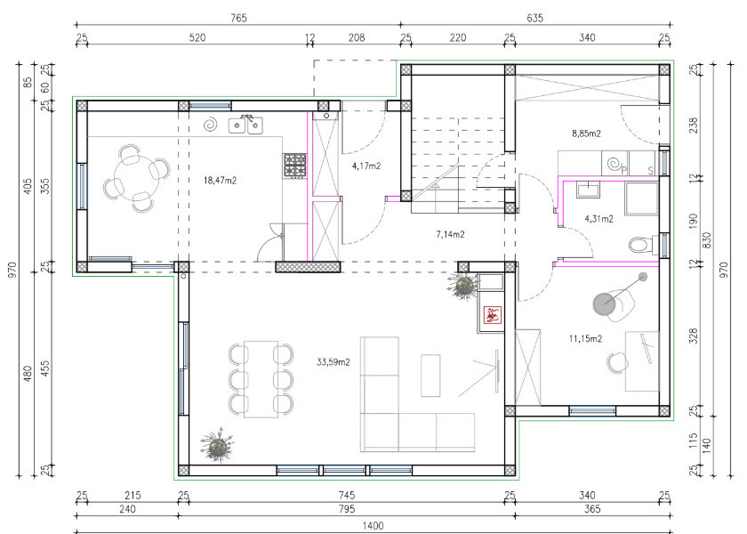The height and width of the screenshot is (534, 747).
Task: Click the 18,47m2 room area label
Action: point(221,180)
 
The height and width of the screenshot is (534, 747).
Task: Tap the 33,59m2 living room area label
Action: point(333,362)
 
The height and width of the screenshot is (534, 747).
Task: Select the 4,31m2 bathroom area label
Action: point(598,219)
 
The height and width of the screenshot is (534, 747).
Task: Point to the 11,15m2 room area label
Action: point(585,338)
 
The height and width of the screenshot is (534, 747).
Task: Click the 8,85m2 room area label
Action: point(586,133)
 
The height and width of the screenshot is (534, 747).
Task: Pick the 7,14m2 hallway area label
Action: point(450,234)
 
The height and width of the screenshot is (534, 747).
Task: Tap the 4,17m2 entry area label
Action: point(366,166)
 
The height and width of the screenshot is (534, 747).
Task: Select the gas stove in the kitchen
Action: point(295,165)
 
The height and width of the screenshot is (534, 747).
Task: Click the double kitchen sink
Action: point(245,125)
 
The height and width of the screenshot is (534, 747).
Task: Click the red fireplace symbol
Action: point(492,315)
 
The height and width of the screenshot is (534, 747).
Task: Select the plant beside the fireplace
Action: point(463,286)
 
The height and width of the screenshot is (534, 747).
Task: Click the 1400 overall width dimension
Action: point(373,525)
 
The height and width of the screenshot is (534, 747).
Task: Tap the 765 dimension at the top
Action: point(238,18)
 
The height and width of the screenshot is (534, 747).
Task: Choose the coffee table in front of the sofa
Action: point(430,376)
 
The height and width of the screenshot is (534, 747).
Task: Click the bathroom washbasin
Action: point(590,190)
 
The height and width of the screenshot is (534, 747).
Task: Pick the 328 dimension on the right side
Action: point(693,336)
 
